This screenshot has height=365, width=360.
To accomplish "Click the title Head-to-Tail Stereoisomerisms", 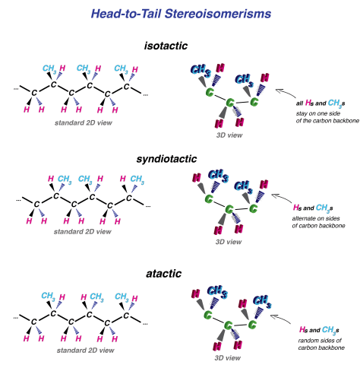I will [180, 13].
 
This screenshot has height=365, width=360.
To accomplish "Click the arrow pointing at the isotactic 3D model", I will [286, 96].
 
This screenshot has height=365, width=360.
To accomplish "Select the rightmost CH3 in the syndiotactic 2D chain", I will [137, 180].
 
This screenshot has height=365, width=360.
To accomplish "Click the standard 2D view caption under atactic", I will [84, 350].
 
